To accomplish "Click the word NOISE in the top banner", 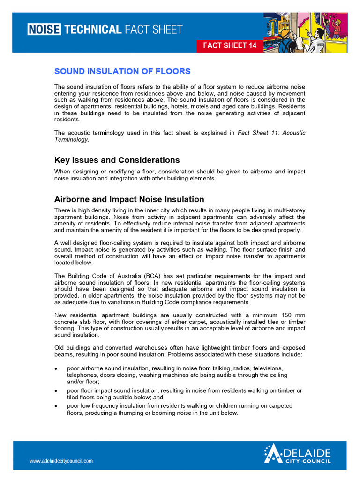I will coord(44,30).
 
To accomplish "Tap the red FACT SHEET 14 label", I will coord(230,45).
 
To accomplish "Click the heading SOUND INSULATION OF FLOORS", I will coord(122,71).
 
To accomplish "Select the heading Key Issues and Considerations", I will coord(117,160).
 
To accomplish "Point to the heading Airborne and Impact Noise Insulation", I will coord(129,199).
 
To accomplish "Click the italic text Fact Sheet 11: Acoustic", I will coord(271,133).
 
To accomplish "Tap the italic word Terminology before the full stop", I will coord(71,139).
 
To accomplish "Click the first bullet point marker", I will coord(56,368).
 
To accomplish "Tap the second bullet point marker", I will coord(56,391).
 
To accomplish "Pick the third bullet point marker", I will coord(56,406).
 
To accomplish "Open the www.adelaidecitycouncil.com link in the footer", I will coord(61,461).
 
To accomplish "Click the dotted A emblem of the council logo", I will coord(274,454).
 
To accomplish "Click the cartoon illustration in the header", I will coord(305,33).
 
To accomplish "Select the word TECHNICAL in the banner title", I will coord(92,30).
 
